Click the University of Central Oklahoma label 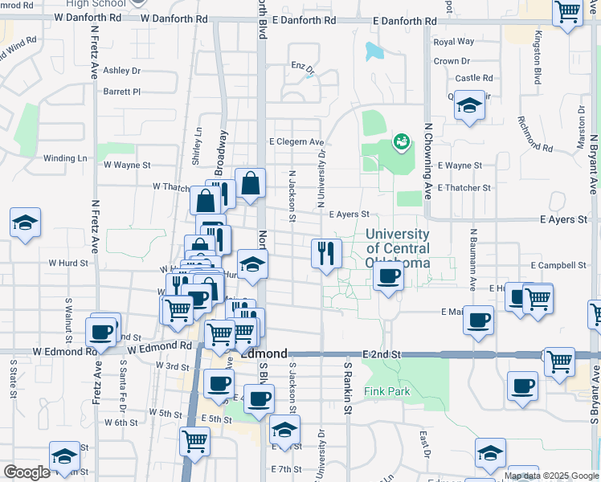pos(397,248)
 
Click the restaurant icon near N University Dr pos(326,254)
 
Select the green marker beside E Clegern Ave pos(400,142)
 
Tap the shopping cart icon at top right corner pos(567,12)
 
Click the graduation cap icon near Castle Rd pos(469,105)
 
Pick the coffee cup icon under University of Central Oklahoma pos(388,277)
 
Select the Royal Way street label pos(453,42)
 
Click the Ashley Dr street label pos(121,71)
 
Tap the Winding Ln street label pos(65,158)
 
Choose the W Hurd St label pos(67,263)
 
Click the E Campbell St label pos(558,265)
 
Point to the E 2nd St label pos(382,354)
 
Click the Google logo pos(27,472)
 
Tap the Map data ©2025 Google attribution pos(550,476)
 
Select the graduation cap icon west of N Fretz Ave pos(25,223)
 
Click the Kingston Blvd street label pos(537,52)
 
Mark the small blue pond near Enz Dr pos(374,51)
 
